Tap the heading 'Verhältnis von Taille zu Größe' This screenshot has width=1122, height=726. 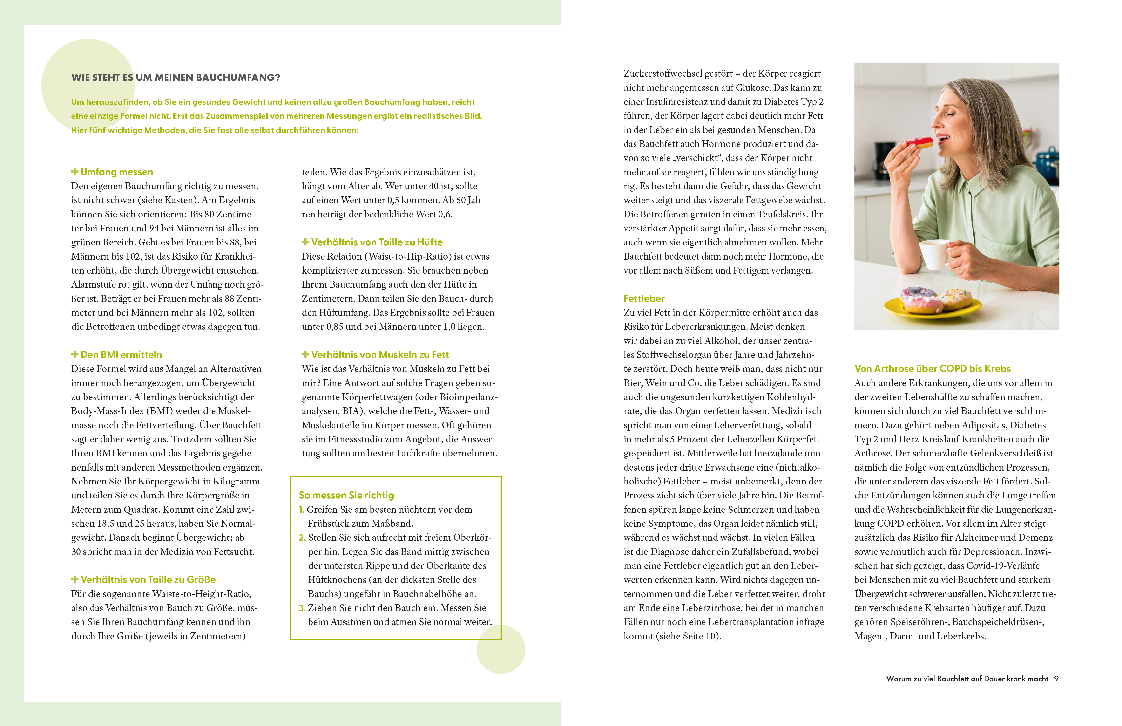pos(148,579)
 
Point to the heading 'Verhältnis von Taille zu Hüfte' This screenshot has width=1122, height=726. pos(377,242)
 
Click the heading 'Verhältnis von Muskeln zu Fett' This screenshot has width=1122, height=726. pos(380,355)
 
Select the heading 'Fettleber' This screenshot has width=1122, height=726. pos(644,298)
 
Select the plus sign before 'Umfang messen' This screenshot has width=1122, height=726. pos(74,172)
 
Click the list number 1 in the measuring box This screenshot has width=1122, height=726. pos(302,510)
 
